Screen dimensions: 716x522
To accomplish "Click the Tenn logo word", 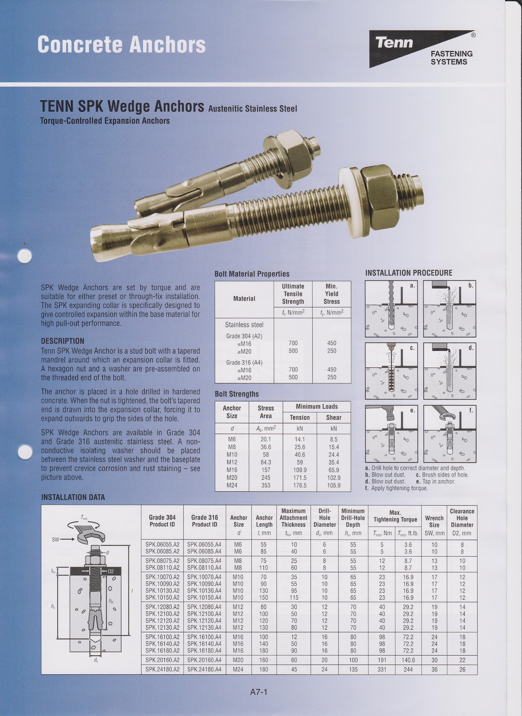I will (x=394, y=43).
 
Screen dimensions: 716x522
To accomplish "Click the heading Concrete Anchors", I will (x=121, y=45).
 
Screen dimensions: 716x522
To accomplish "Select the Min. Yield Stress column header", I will (x=332, y=294).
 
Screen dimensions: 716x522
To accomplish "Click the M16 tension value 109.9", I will (x=299, y=470).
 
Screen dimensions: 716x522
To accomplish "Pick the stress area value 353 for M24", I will (x=266, y=485).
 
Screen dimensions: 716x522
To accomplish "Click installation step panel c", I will (x=391, y=371).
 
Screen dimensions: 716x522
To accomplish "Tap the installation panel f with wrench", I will (x=449, y=434).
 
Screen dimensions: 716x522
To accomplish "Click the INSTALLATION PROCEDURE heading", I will (x=409, y=273).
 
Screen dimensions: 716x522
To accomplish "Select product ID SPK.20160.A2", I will (x=162, y=660).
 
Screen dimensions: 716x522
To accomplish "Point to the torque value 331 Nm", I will (x=382, y=669).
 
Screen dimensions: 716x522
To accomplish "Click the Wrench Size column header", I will (x=434, y=521).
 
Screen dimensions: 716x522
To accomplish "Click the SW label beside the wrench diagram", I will (x=55, y=540).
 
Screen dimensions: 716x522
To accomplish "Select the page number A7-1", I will (x=259, y=692).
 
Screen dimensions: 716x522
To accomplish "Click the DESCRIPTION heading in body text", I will (x=62, y=341).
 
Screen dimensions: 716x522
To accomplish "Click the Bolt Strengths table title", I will (x=237, y=394).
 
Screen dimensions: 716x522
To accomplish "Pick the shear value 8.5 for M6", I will (x=333, y=439).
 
